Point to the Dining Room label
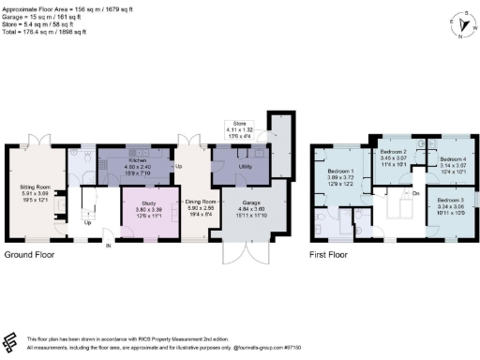201,202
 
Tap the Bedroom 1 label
338,171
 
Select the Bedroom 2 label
392,151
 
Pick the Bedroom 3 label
451,201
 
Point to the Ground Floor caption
29,254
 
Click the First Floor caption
333,254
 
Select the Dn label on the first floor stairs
414,193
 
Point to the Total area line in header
44,32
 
